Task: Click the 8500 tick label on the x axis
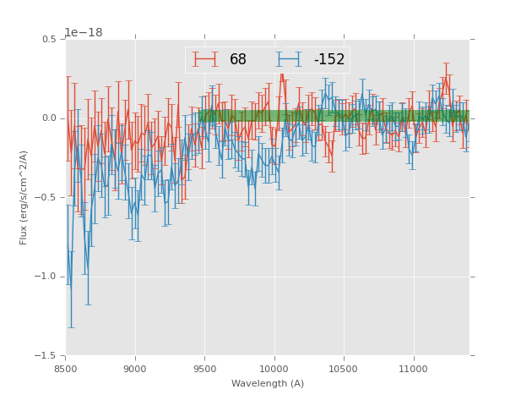66,369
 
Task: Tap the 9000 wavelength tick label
135,369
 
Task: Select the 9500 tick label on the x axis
204,369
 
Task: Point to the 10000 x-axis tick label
274,369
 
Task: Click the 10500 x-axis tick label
344,369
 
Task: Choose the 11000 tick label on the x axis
413,369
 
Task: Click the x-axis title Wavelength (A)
268,383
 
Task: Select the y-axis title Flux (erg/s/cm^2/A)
24,197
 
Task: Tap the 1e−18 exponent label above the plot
84,32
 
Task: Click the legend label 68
238,59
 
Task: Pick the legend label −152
329,59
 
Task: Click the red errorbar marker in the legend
204,59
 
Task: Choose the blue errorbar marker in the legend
290,59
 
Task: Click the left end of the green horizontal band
200,115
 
